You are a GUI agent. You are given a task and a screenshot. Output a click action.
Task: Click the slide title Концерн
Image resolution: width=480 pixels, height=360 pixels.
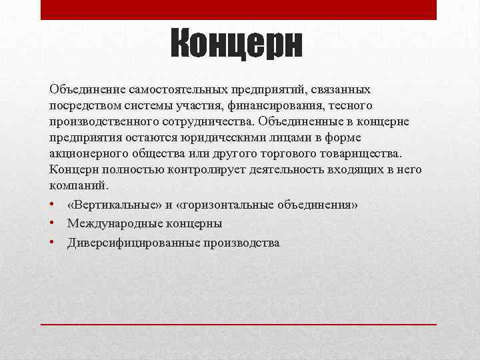(x=237, y=45)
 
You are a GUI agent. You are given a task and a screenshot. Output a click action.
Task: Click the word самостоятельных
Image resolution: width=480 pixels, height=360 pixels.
(x=171, y=89)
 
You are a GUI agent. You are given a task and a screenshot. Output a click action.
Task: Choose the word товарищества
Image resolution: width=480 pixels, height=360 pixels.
(x=363, y=153)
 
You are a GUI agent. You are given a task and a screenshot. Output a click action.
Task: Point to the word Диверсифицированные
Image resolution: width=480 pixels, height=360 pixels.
(x=127, y=243)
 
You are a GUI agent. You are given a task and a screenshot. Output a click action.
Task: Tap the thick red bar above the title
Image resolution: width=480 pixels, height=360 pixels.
(x=239, y=9)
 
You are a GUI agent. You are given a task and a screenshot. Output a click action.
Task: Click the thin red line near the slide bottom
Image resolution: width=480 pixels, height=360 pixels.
(x=239, y=323)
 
